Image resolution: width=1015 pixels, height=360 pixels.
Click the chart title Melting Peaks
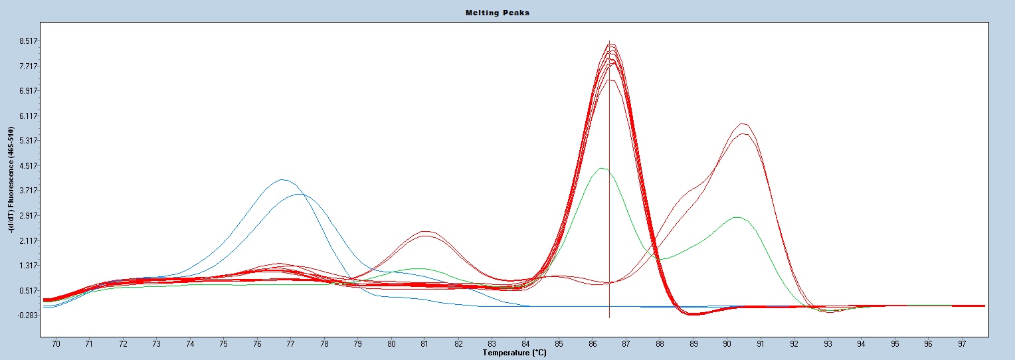click(x=507, y=13)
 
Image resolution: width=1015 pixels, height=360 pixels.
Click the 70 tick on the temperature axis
click(x=56, y=344)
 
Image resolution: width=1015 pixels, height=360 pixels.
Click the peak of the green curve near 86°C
click(x=601, y=168)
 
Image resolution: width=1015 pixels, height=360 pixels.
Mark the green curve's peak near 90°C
click(x=736, y=217)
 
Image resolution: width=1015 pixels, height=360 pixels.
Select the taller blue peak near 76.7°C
click(x=282, y=179)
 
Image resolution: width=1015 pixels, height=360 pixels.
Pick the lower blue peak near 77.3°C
click(x=300, y=194)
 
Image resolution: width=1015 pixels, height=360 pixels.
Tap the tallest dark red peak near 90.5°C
click(x=743, y=123)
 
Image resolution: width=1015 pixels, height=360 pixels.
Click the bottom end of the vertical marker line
click(x=609, y=317)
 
